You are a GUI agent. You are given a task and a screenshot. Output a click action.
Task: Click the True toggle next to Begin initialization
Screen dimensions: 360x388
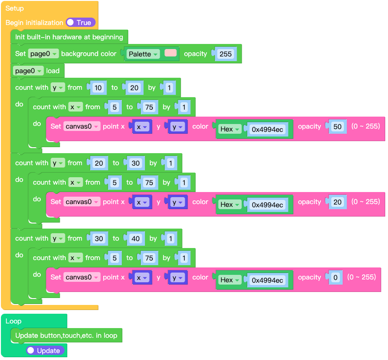point(81,22)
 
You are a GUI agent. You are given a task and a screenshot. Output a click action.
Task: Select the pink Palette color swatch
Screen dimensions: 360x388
point(171,53)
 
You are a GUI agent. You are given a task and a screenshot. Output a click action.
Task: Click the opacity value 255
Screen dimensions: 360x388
point(225,54)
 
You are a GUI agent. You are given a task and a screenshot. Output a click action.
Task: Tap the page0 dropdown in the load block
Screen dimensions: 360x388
point(29,71)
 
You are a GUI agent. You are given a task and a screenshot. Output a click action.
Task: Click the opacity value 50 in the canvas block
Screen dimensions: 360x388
point(337,126)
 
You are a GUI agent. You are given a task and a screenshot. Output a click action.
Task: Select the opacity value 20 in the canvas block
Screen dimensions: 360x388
point(337,202)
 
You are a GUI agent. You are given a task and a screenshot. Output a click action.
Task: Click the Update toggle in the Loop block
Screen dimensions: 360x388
point(44,350)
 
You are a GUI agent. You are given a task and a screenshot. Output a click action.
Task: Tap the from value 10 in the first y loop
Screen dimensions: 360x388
point(98,87)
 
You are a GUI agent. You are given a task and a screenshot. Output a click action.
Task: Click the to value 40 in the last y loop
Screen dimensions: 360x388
point(135,239)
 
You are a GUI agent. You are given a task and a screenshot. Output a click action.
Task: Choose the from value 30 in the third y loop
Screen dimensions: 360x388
point(99,239)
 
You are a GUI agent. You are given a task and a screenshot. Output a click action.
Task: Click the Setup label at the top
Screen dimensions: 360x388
point(14,8)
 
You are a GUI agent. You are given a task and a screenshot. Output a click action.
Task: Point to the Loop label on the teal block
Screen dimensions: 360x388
point(13,321)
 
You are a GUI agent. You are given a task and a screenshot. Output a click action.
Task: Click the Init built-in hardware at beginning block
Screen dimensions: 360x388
point(69,37)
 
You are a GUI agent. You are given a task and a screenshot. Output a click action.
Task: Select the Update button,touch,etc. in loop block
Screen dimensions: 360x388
point(66,335)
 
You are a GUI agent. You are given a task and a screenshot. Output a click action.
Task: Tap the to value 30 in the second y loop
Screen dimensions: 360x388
point(135,163)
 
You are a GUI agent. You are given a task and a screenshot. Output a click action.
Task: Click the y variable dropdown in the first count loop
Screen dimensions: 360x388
point(57,87)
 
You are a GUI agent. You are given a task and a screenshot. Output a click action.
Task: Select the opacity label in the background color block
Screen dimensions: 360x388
point(195,54)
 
